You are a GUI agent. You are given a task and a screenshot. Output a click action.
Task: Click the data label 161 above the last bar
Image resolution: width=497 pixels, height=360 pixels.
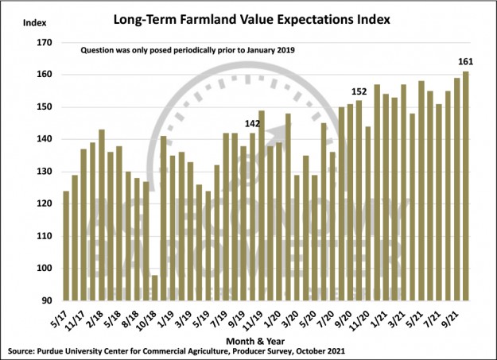pyautogui.click(x=467, y=60)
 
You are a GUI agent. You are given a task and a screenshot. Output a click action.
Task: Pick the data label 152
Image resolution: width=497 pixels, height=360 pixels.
pyautogui.click(x=359, y=90)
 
